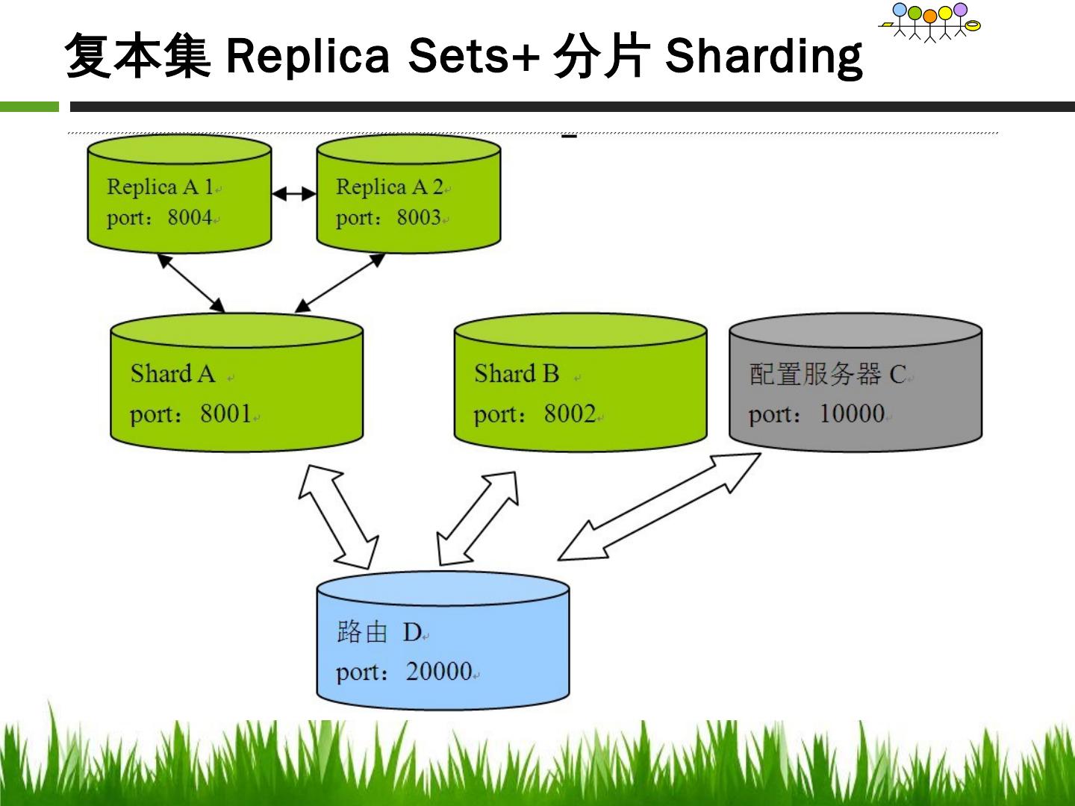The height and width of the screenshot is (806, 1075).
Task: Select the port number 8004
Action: click(x=190, y=217)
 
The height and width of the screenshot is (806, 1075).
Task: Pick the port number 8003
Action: click(x=419, y=217)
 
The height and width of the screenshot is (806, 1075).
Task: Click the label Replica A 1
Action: click(x=161, y=187)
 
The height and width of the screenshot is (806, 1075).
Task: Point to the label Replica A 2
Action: click(x=390, y=187)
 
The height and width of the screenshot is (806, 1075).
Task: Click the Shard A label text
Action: click(x=173, y=374)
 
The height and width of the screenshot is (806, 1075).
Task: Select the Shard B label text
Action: click(x=517, y=374)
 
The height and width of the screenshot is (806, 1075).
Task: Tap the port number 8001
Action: click(x=225, y=413)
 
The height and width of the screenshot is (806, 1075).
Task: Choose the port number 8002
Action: click(x=570, y=413)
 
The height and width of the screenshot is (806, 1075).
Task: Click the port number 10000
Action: click(x=852, y=413)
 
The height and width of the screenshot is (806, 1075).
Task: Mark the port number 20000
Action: click(x=439, y=671)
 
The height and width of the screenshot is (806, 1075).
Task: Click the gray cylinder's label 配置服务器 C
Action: click(x=828, y=375)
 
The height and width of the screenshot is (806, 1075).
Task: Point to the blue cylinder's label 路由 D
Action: click(x=379, y=632)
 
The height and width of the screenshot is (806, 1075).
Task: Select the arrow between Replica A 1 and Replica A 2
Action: click(x=294, y=194)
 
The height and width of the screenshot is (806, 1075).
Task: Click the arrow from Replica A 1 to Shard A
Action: click(x=192, y=283)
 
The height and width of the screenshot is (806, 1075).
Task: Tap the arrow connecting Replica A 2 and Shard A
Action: click(x=340, y=283)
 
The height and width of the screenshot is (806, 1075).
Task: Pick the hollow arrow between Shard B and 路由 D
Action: click(x=478, y=519)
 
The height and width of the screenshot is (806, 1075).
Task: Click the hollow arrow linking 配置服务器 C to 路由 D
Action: click(x=659, y=507)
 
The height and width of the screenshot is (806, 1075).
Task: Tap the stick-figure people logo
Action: click(x=929, y=22)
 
